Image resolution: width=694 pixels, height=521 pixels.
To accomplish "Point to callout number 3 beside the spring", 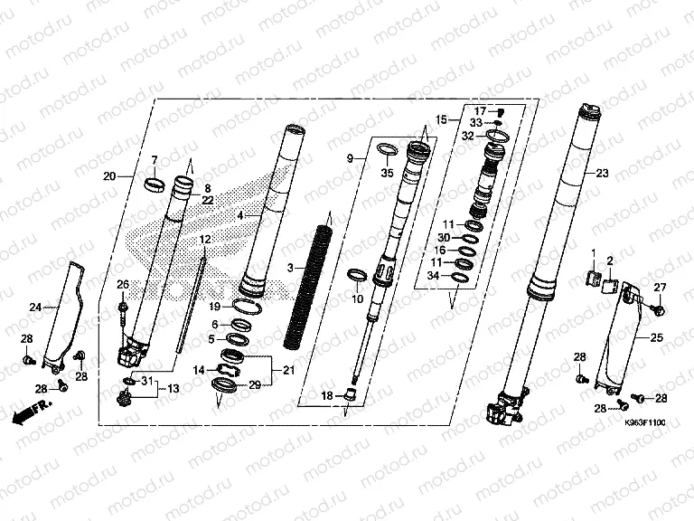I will tap(290, 269).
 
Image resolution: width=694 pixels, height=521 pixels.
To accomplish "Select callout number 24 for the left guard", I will tap(35, 308).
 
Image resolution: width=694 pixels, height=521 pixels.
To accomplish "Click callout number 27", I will tap(660, 288).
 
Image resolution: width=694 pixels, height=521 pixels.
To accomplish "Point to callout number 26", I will tap(123, 284).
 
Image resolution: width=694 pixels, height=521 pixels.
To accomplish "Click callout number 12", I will tap(205, 240).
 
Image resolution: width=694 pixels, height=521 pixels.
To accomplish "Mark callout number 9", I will tap(350, 159).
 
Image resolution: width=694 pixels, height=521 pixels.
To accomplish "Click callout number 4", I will tap(240, 215).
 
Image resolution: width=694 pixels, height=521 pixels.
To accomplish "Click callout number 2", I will tap(610, 260).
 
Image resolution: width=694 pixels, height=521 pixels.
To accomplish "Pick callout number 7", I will tap(154, 159).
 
